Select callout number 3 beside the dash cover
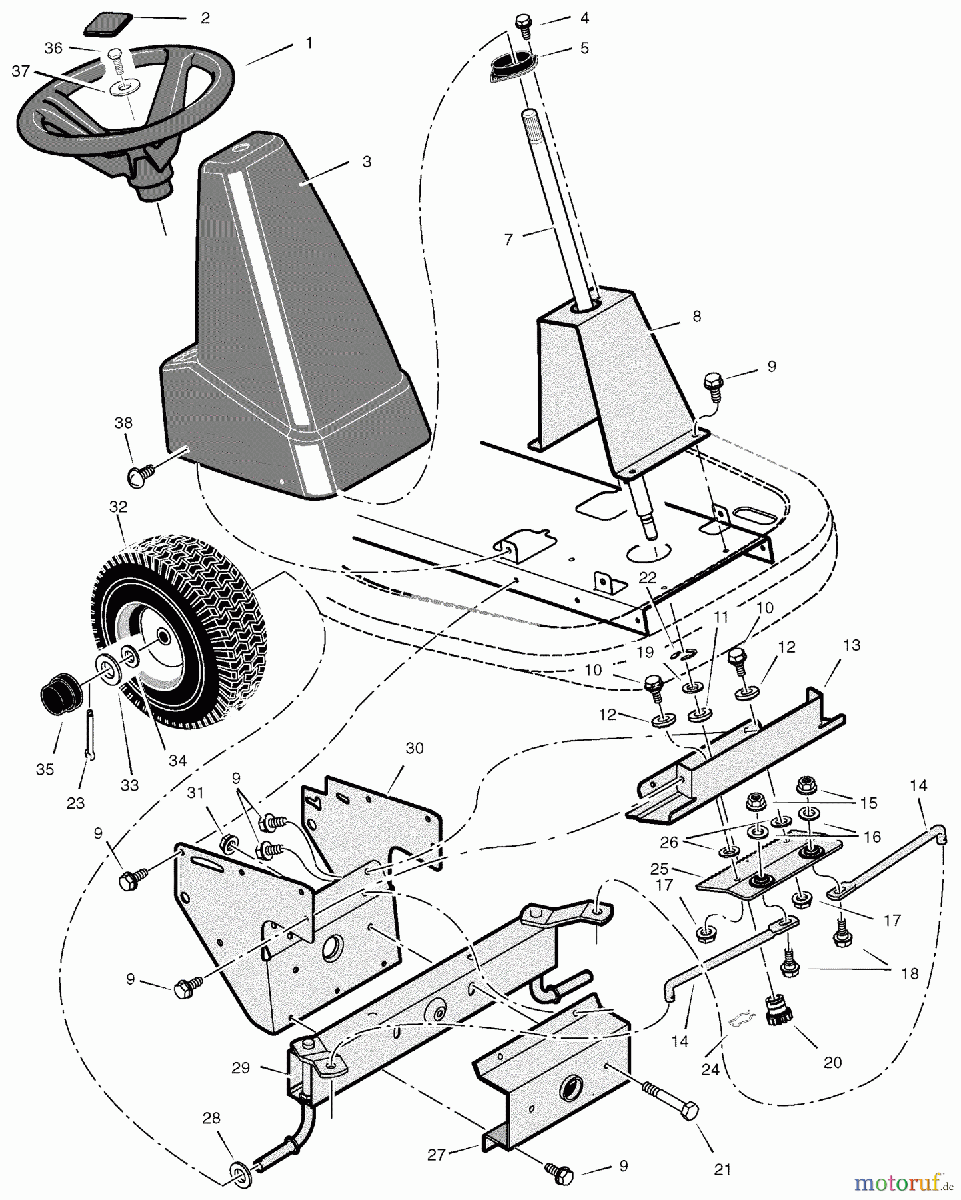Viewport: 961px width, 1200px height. (367, 162)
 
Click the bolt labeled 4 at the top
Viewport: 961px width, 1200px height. (524, 25)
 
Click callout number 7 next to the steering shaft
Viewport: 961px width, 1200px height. (509, 239)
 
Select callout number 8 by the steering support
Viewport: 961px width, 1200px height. (697, 317)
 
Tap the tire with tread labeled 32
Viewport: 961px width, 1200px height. (180, 627)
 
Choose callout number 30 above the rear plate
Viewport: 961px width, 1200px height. (414, 749)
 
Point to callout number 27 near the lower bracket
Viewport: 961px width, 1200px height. (436, 1155)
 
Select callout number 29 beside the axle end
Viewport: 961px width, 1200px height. (241, 1067)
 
